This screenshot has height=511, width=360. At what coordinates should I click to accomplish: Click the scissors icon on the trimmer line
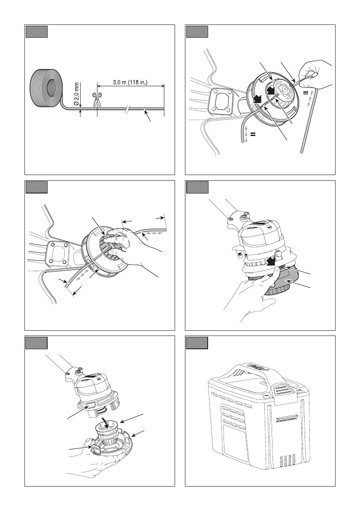pos(97,100)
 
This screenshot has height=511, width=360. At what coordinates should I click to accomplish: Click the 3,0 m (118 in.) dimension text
pos(130,82)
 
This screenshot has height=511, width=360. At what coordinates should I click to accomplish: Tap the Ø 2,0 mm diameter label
pos(77,94)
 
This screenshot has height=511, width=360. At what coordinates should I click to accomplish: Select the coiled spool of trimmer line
pos(46,88)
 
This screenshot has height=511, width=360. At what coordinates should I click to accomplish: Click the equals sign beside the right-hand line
pos(306,93)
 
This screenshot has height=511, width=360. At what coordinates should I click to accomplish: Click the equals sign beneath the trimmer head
pos(253,134)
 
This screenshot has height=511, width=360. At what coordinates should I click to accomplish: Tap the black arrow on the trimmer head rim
pos(258,98)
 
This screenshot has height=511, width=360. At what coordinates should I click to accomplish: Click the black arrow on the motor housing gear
pos(270,260)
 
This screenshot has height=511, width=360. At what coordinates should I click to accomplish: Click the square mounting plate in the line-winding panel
pos(58,254)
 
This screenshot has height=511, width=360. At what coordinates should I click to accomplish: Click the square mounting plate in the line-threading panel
pos(221,101)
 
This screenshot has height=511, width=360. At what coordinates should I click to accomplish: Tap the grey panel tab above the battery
pos(197,343)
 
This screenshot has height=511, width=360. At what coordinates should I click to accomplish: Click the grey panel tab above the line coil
pos(36,32)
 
